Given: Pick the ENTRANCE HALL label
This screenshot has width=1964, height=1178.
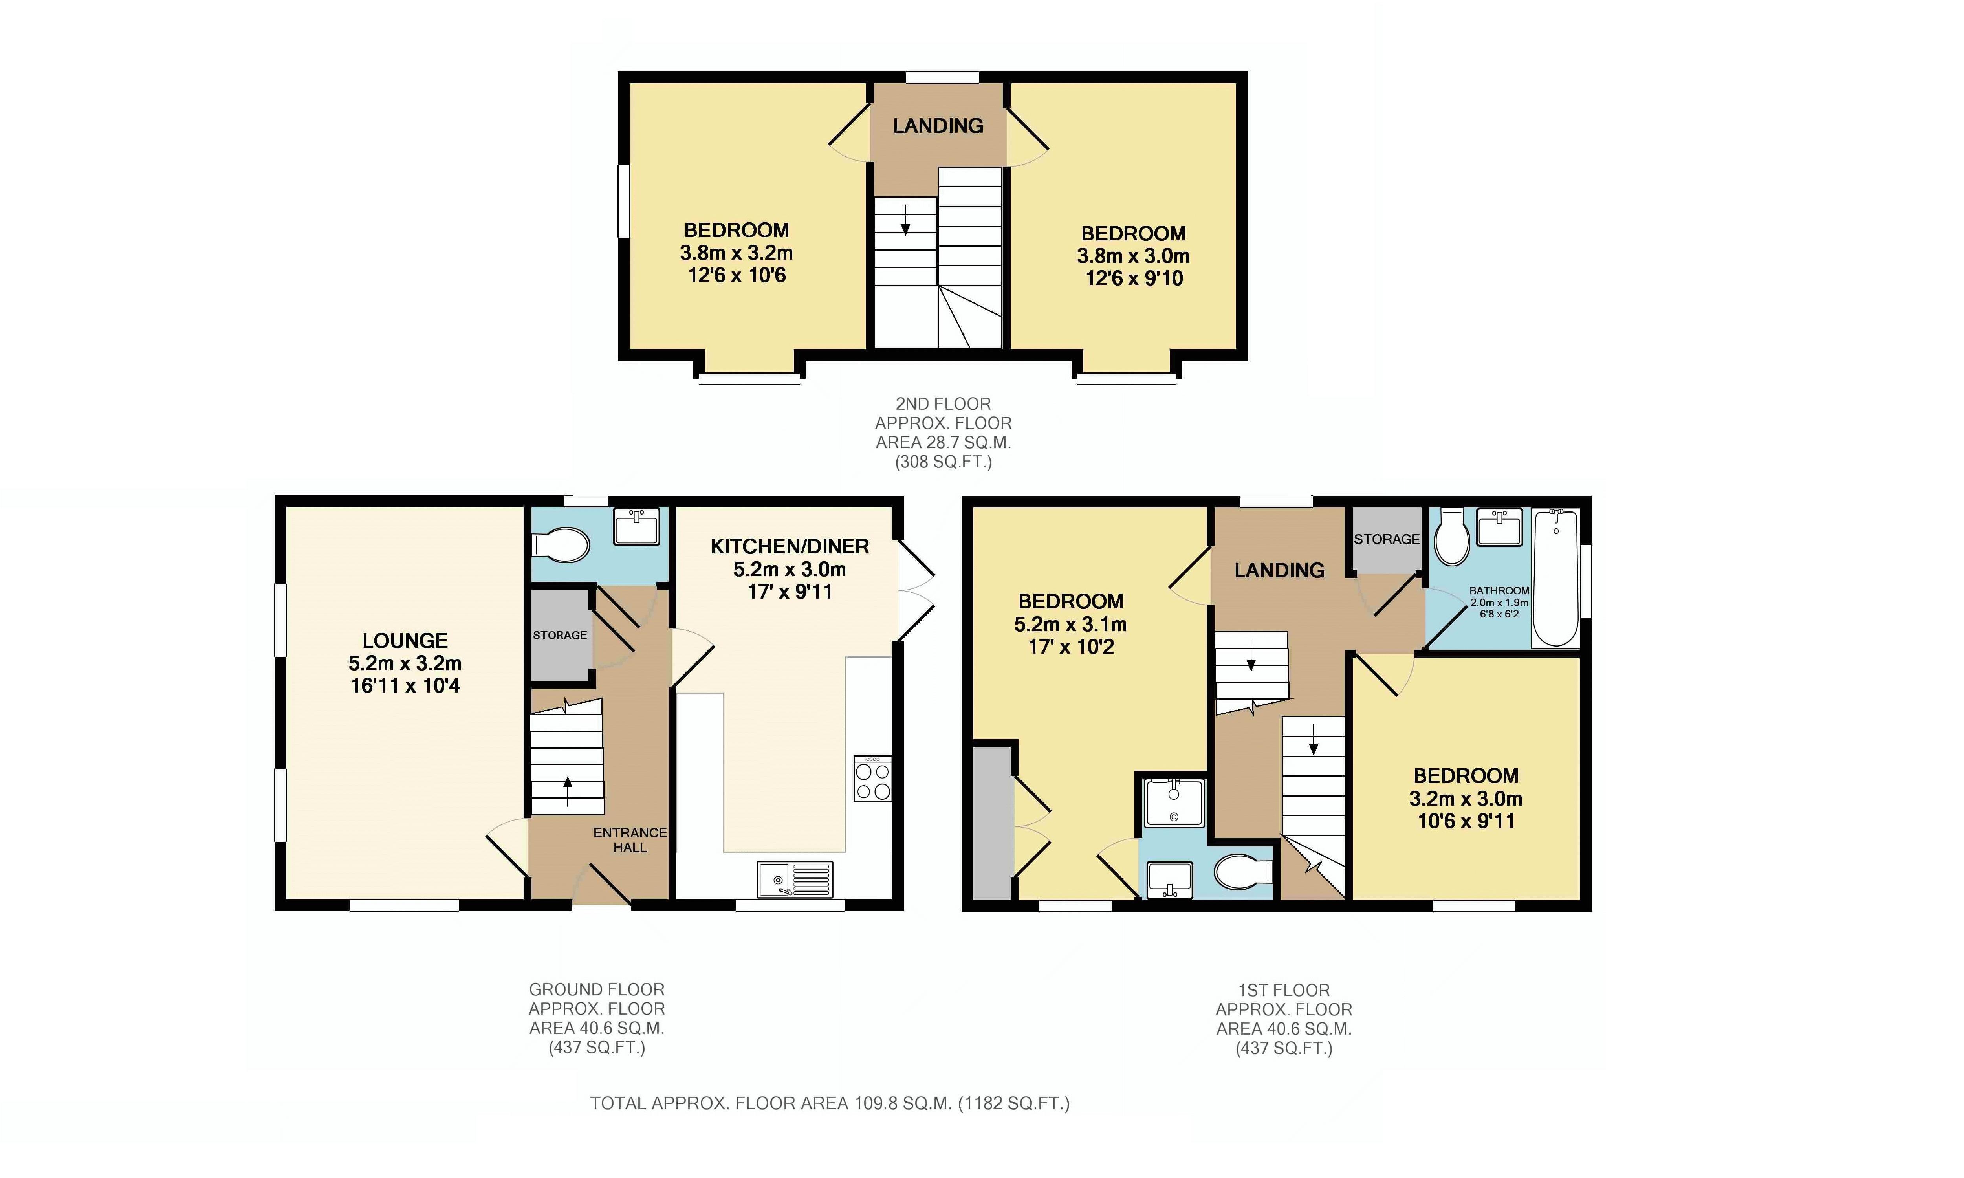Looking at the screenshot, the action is pyautogui.click(x=630, y=840).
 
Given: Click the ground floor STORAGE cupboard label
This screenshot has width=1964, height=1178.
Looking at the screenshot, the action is pyautogui.click(x=560, y=635).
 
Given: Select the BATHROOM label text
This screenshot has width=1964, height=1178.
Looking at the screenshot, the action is pyautogui.click(x=1499, y=591).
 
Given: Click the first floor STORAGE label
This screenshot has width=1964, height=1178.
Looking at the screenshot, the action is pyautogui.click(x=1386, y=539).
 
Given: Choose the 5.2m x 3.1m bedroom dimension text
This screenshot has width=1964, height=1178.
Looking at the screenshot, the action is pyautogui.click(x=1070, y=624).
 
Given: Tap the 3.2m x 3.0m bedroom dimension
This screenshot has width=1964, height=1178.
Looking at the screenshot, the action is pyautogui.click(x=1466, y=799).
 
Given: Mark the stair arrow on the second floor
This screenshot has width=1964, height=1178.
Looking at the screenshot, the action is pyautogui.click(x=905, y=219).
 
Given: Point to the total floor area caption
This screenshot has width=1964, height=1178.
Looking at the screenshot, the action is pyautogui.click(x=830, y=1103).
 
